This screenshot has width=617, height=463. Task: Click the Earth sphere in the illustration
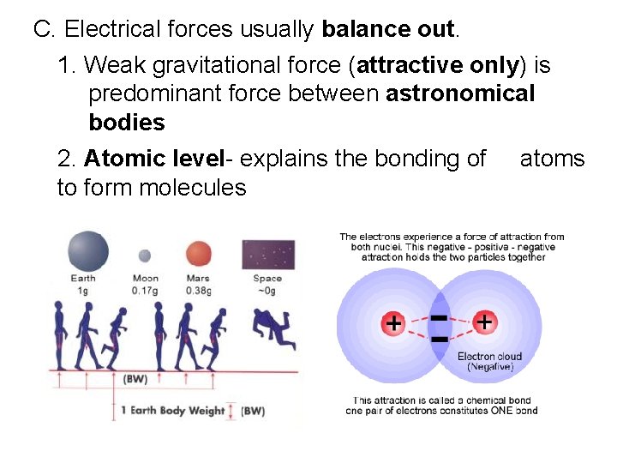click(88, 251)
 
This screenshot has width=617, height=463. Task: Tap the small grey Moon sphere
click(145, 255)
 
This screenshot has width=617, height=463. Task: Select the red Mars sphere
click(198, 254)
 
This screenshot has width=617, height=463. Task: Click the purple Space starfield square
click(268, 255)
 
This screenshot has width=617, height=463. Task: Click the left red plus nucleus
click(393, 324)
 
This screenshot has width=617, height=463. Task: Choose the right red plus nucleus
click(484, 323)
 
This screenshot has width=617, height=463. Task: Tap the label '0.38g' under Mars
click(198, 290)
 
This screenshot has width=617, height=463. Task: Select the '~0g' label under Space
click(267, 290)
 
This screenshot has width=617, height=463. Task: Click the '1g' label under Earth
click(83, 290)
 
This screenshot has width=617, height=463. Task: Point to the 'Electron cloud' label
click(489, 356)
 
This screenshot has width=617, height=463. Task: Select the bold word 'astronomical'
click(460, 93)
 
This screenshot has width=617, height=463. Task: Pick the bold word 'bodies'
click(127, 123)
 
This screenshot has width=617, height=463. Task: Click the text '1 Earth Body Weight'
click(178, 411)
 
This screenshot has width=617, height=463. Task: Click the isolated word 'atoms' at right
click(552, 159)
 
